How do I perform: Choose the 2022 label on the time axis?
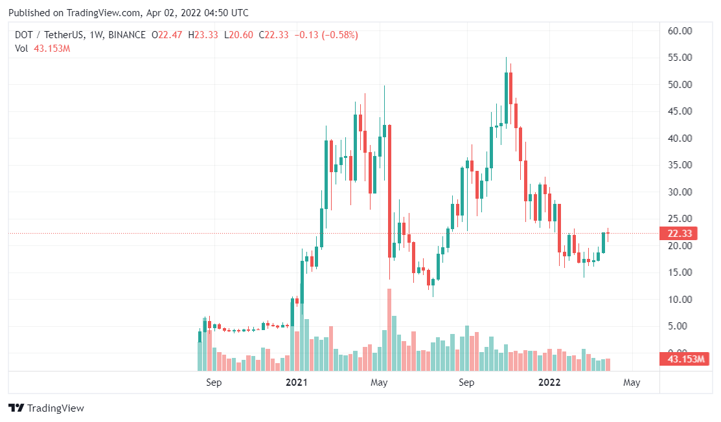[x=550, y=383]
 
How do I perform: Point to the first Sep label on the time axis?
[x=214, y=383]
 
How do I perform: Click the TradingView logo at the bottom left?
[x=46, y=408]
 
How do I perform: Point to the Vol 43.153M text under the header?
[x=42, y=49]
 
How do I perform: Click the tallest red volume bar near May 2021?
[x=389, y=330]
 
